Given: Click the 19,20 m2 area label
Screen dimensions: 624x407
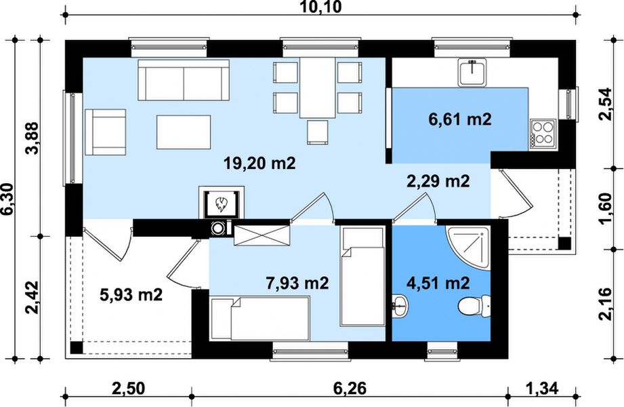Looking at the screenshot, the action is [x=259, y=163].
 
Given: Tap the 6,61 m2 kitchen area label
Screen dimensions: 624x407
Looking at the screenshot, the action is [x=459, y=119].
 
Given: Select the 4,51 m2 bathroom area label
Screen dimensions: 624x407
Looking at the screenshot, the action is [x=438, y=283].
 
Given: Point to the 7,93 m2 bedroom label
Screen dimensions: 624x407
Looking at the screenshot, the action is [x=297, y=283].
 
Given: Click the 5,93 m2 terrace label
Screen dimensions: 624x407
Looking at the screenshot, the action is [x=131, y=295].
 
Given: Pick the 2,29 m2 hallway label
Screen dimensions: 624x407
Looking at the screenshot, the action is [x=438, y=181].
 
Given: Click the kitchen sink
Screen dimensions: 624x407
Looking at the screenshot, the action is [x=472, y=72].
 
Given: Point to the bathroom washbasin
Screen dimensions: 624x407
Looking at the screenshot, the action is [x=400, y=307].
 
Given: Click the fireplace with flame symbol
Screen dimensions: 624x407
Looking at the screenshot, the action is [x=222, y=203].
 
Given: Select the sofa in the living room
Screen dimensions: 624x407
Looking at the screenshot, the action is [x=184, y=80].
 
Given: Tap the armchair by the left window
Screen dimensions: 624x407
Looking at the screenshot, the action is [x=106, y=132].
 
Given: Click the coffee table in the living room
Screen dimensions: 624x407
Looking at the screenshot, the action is [x=184, y=132].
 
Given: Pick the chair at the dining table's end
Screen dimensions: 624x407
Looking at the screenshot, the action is [x=318, y=132].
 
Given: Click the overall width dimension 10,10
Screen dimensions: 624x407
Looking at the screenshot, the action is [x=320, y=7].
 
